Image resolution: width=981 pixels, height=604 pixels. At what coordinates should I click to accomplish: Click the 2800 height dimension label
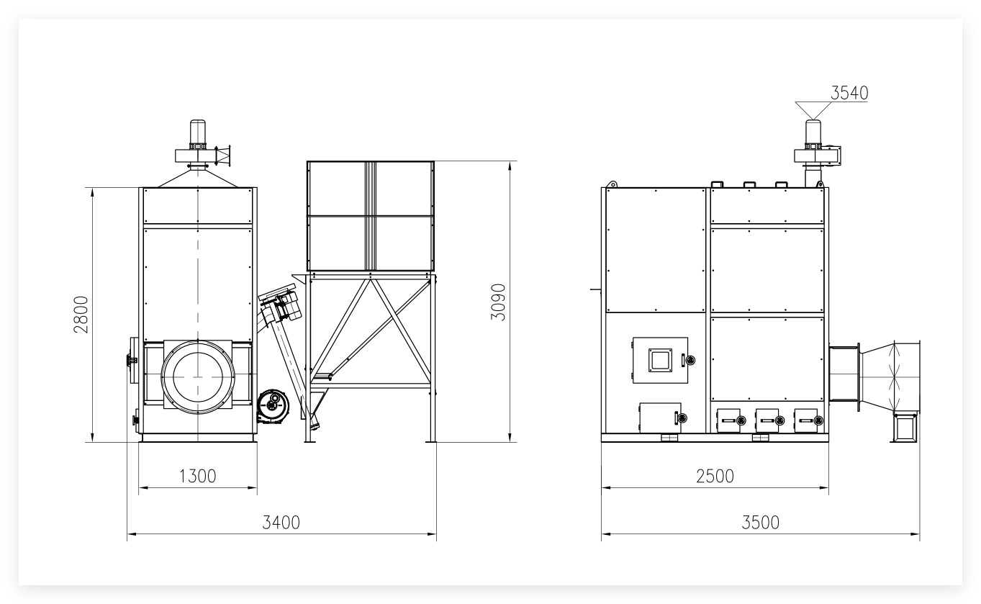click(81, 315)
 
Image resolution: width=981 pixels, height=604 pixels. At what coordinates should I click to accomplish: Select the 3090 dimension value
click(498, 302)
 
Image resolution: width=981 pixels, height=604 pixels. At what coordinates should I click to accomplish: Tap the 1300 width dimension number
click(197, 476)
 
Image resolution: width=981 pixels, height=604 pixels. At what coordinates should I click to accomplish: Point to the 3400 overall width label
click(281, 523)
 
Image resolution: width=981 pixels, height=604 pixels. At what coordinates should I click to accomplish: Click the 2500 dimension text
click(715, 476)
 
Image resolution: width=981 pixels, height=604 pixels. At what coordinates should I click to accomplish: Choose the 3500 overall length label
click(760, 523)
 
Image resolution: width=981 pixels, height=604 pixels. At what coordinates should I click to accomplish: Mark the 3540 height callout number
click(849, 93)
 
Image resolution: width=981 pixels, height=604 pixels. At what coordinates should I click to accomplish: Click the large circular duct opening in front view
click(198, 377)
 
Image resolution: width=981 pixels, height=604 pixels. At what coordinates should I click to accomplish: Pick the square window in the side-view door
click(660, 360)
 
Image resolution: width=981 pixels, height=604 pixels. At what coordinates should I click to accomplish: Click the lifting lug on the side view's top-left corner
click(611, 184)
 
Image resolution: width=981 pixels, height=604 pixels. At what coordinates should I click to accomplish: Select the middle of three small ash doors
click(767, 420)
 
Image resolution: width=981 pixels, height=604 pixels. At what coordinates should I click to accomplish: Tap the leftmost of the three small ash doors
click(729, 420)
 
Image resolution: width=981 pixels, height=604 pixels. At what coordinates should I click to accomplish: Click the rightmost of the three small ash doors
click(806, 420)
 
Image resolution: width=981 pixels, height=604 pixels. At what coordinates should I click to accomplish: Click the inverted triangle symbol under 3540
click(813, 110)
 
